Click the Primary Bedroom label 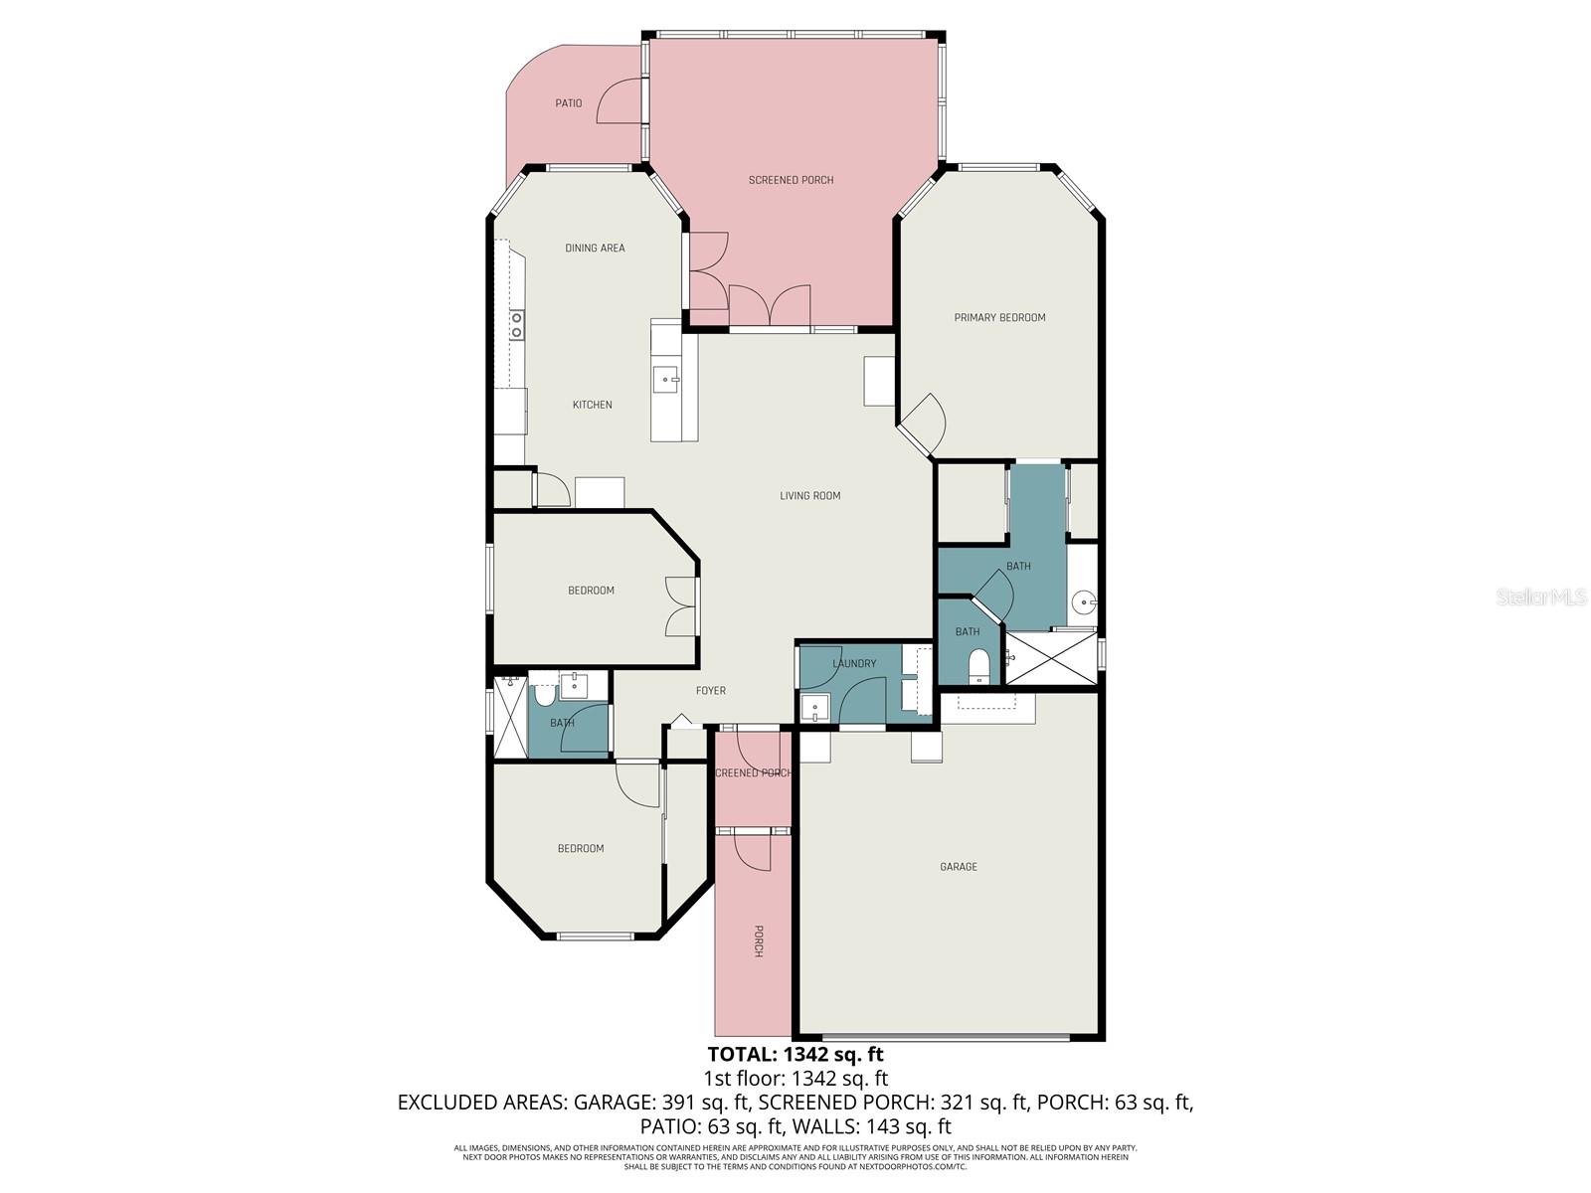[999, 318]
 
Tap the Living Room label [809, 496]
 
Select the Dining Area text [595, 249]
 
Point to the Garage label [958, 867]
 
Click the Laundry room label [854, 664]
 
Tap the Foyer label [710, 691]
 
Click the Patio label [568, 103]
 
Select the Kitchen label [592, 405]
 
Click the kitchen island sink [665, 378]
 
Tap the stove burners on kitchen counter [516, 324]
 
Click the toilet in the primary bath [978, 666]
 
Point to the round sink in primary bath [1085, 601]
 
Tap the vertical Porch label [758, 940]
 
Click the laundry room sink [815, 708]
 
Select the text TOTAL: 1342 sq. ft [795, 1054]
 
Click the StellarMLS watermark [1540, 597]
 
